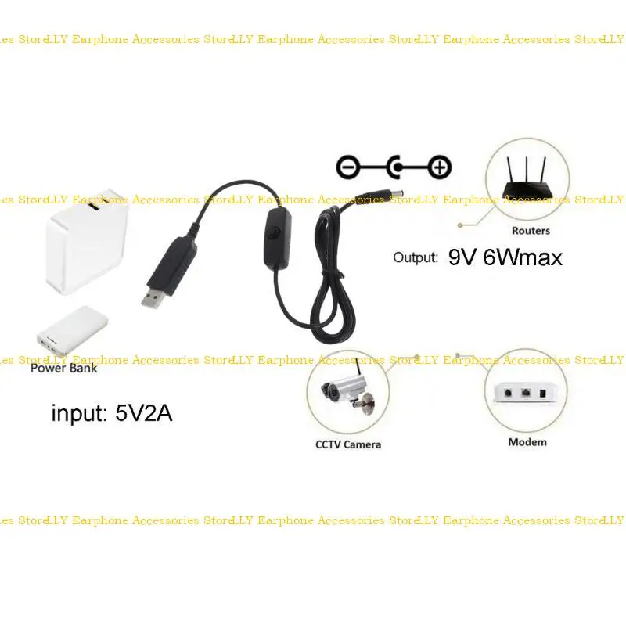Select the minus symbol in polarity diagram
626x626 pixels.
coord(347,167)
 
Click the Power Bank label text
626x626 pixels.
coord(64,368)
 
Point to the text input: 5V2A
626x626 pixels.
coord(112,412)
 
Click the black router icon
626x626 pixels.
coord(526,182)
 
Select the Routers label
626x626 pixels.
coord(531,231)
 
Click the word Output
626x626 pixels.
coord(415,257)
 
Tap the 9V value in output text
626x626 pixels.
coord(462,257)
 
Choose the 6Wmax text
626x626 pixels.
coord(523,257)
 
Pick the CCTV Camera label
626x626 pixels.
coord(348,444)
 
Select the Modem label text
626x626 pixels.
coord(527,442)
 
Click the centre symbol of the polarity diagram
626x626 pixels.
coord(395,167)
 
